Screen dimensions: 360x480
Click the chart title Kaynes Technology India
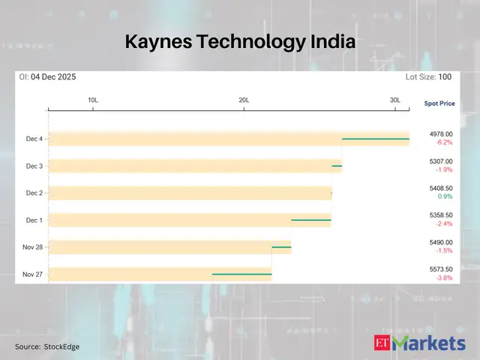[x=239, y=42]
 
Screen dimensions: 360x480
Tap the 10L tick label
[x=93, y=100]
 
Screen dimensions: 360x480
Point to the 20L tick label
[x=244, y=100]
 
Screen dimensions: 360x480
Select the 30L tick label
[x=395, y=100]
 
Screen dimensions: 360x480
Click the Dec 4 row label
[x=34, y=139]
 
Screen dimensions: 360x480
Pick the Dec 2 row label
[x=34, y=193]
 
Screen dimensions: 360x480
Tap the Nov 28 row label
[x=33, y=247]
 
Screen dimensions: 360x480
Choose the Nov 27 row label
[x=33, y=274]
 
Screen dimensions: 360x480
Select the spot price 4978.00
[x=440, y=133]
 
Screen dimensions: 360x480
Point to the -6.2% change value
[x=440, y=142]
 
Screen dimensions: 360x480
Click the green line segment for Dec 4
[x=375, y=139]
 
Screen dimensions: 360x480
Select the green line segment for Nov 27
[x=241, y=274]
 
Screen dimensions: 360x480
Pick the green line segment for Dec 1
[x=310, y=220]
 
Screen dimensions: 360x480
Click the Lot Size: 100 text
[x=429, y=77]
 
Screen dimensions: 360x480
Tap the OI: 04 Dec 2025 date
[x=48, y=77]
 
